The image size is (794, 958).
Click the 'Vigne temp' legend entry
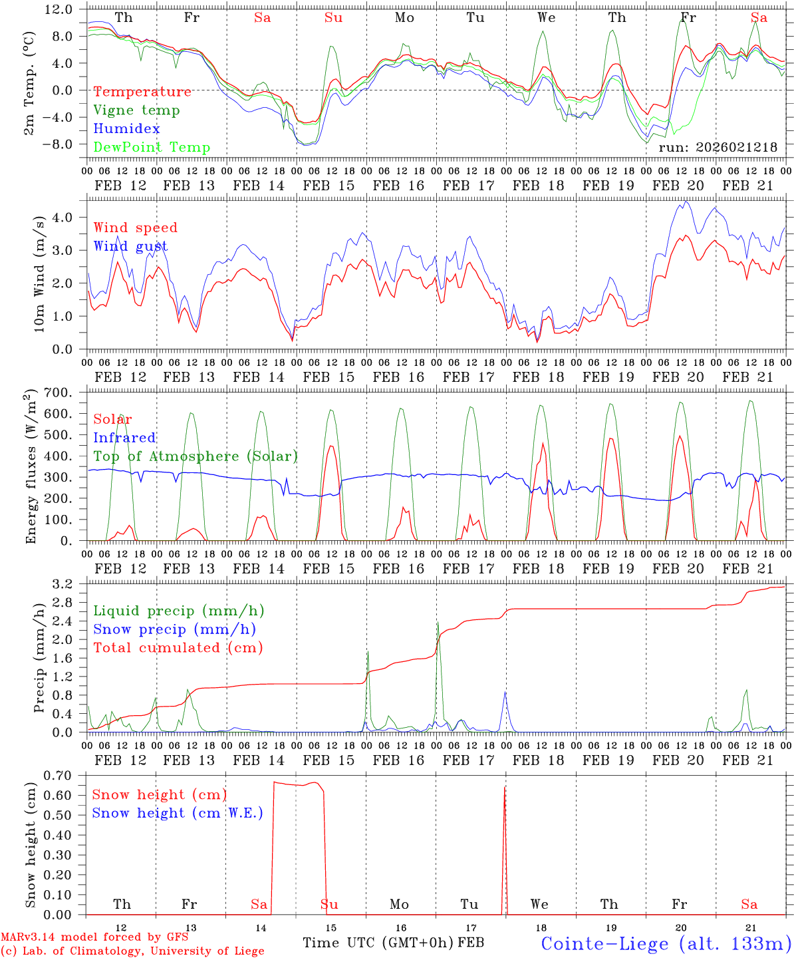pyautogui.click(x=136, y=110)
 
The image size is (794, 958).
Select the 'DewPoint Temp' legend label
pyautogui.click(x=152, y=148)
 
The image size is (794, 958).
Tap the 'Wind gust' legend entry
pyautogui.click(x=130, y=247)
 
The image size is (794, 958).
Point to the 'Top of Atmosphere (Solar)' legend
pyautogui.click(x=195, y=456)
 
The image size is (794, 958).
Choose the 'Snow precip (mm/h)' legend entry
pyautogui.click(x=174, y=629)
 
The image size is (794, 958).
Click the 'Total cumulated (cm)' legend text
pyautogui.click(x=178, y=648)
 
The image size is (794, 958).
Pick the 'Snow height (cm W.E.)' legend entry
pyautogui.click(x=177, y=813)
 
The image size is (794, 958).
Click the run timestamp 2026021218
pyautogui.click(x=718, y=148)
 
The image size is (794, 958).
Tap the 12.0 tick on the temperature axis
pyautogui.click(x=59, y=9)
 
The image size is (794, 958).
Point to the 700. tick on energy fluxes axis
pyautogui.click(x=59, y=393)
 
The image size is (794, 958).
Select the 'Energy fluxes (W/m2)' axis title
pyautogui.click(x=30, y=468)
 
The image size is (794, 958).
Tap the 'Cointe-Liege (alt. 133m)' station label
pyautogui.click(x=666, y=943)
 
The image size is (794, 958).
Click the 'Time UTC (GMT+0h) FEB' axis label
pyautogui.click(x=393, y=943)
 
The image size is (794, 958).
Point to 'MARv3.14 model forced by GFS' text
pyautogui.click(x=94, y=937)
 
